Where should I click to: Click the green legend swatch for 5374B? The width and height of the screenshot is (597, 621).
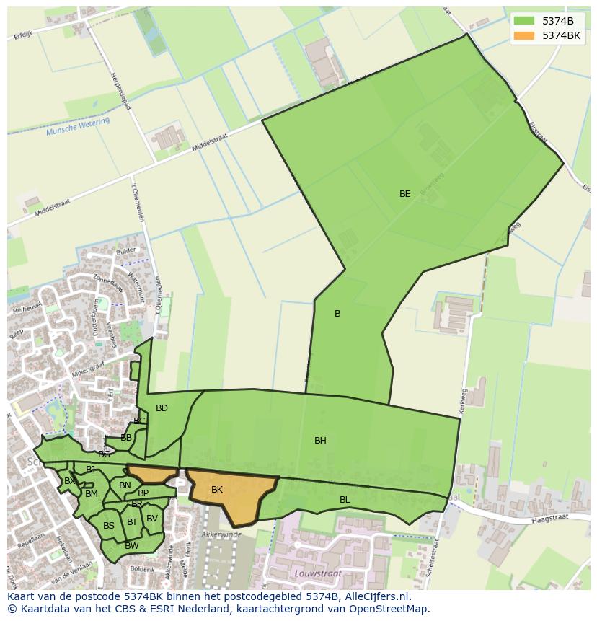[x=524, y=21]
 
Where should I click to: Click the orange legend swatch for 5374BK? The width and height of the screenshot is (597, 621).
[x=524, y=35]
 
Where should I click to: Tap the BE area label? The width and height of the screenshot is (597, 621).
[x=405, y=194]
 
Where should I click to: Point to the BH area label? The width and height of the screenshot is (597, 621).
[x=320, y=441]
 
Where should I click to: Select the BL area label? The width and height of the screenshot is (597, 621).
[x=345, y=500]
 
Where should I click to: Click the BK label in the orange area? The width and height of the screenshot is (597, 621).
[x=217, y=490]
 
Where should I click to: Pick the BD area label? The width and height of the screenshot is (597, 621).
[x=162, y=408]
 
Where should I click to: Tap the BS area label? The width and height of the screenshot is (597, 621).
[x=109, y=526]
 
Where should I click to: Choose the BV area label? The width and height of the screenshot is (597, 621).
[x=152, y=519]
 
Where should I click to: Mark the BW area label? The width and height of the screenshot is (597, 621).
[x=131, y=546]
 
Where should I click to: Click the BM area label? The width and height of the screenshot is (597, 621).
[x=92, y=494]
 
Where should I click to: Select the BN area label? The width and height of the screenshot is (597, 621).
[x=125, y=485]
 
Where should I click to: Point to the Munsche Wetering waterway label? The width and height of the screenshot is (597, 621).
[x=78, y=128]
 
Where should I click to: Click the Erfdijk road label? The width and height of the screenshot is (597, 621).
[x=23, y=35]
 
